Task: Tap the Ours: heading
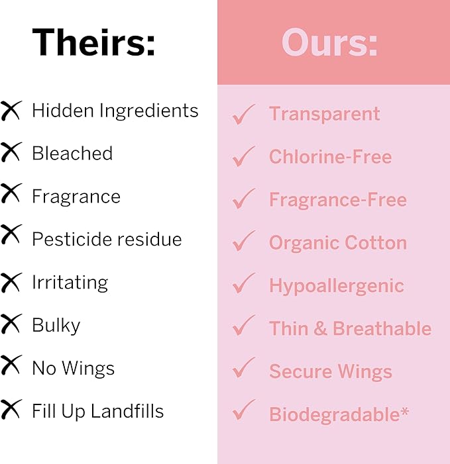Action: [x=329, y=44]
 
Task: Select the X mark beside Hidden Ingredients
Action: [x=11, y=111]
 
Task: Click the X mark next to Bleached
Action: [x=11, y=153]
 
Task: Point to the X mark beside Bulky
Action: [x=11, y=324]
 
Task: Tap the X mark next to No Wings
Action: [x=11, y=367]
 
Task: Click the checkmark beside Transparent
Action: [x=244, y=115]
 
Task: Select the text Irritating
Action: [x=70, y=283]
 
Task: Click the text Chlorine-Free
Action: [x=330, y=157]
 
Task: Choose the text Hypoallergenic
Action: [x=336, y=286]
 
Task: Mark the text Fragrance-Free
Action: [x=337, y=200]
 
